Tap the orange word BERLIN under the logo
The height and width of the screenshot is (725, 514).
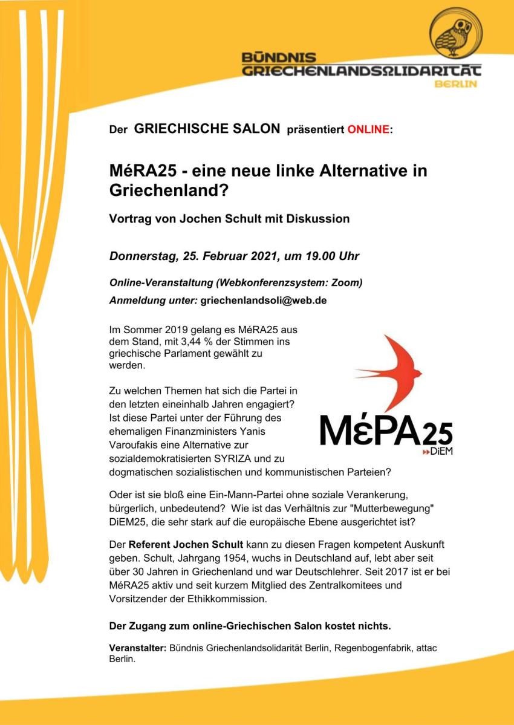coord(456,83)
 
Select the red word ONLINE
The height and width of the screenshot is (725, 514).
coord(368,129)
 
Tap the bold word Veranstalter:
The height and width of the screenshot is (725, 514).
coord(137,648)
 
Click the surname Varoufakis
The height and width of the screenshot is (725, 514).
coord(135,445)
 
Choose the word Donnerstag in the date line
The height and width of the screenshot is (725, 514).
coord(143,256)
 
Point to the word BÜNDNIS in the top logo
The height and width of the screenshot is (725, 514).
coord(279,58)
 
